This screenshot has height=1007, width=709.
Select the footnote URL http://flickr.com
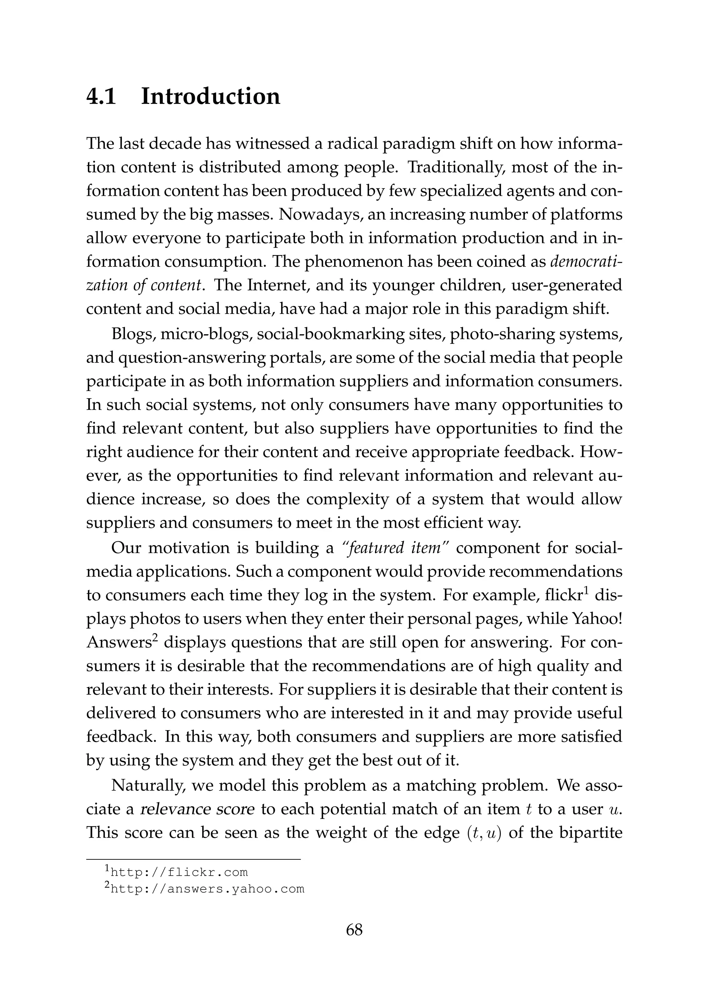point(179,872)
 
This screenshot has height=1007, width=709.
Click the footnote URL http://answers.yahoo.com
point(207,889)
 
